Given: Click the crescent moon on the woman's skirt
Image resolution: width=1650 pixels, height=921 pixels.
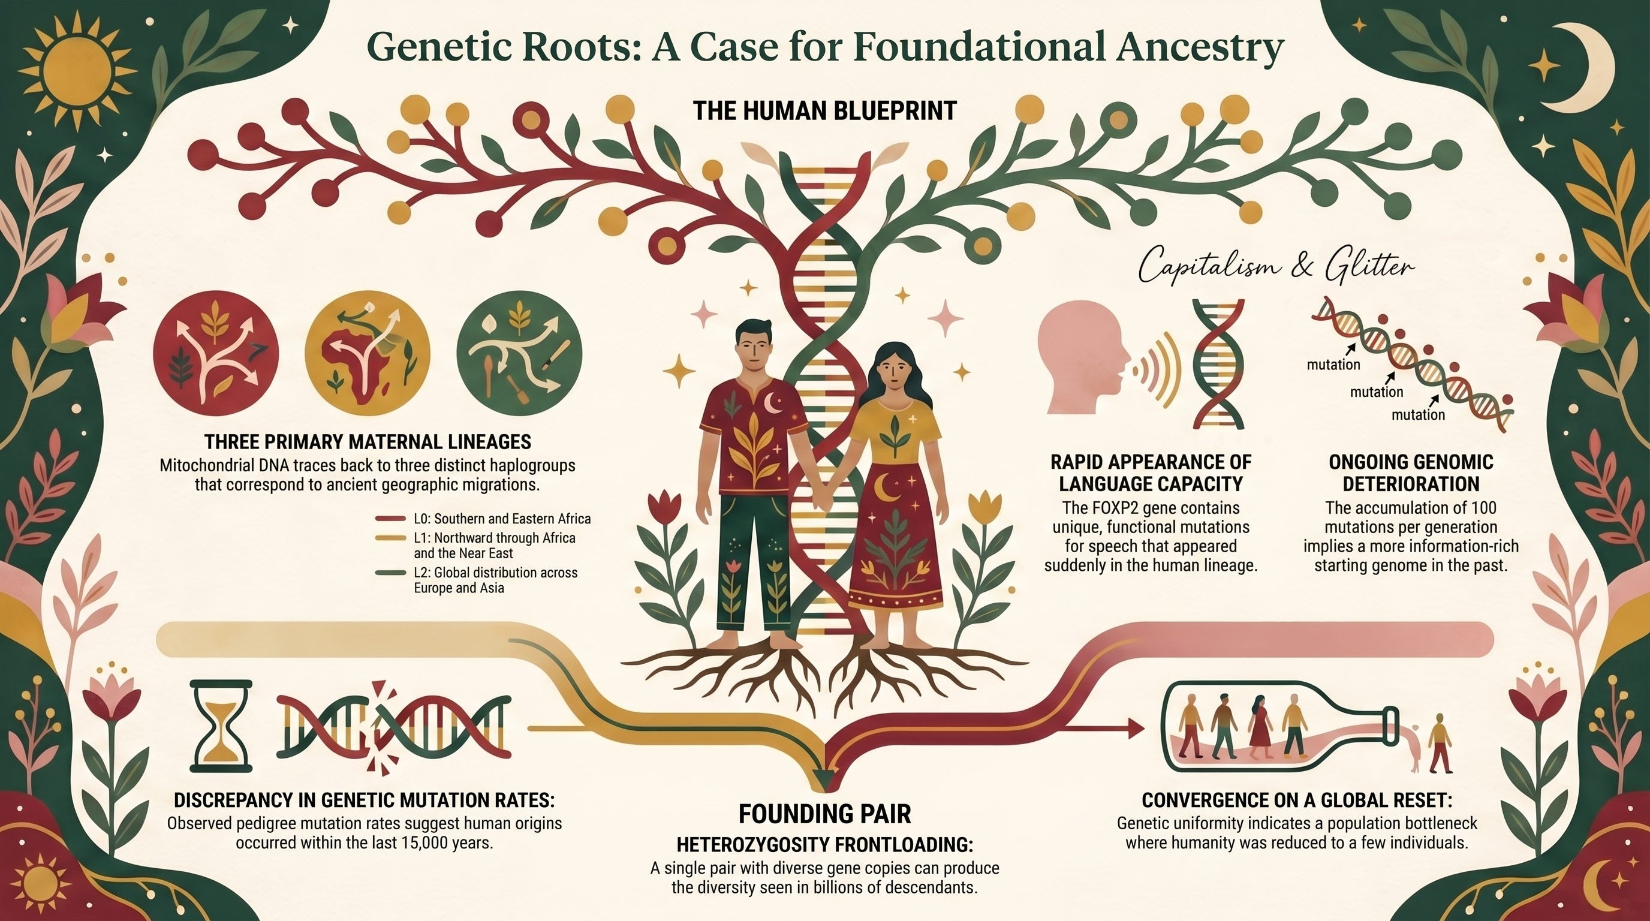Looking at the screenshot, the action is click(x=891, y=489).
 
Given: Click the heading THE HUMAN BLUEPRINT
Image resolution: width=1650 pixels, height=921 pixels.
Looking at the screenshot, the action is click(x=824, y=111).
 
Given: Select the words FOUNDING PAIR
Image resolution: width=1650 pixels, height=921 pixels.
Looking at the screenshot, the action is click(x=824, y=814).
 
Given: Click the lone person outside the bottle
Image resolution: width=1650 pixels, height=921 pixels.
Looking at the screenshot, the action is click(x=1440, y=743).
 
